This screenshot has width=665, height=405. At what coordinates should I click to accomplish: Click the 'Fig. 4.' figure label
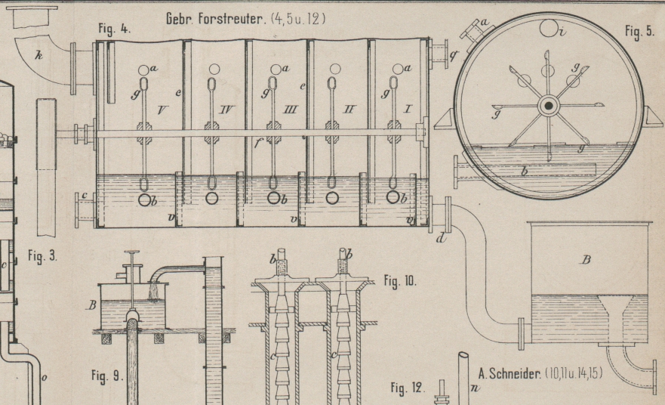point(115,29)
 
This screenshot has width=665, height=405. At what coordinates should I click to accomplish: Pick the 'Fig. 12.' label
point(408,389)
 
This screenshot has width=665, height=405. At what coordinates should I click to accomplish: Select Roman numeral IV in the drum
point(226,111)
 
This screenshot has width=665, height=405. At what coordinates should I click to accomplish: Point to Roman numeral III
point(289,111)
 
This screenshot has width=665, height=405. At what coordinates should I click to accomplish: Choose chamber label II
point(348,110)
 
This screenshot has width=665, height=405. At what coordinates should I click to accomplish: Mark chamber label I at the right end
point(409,110)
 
